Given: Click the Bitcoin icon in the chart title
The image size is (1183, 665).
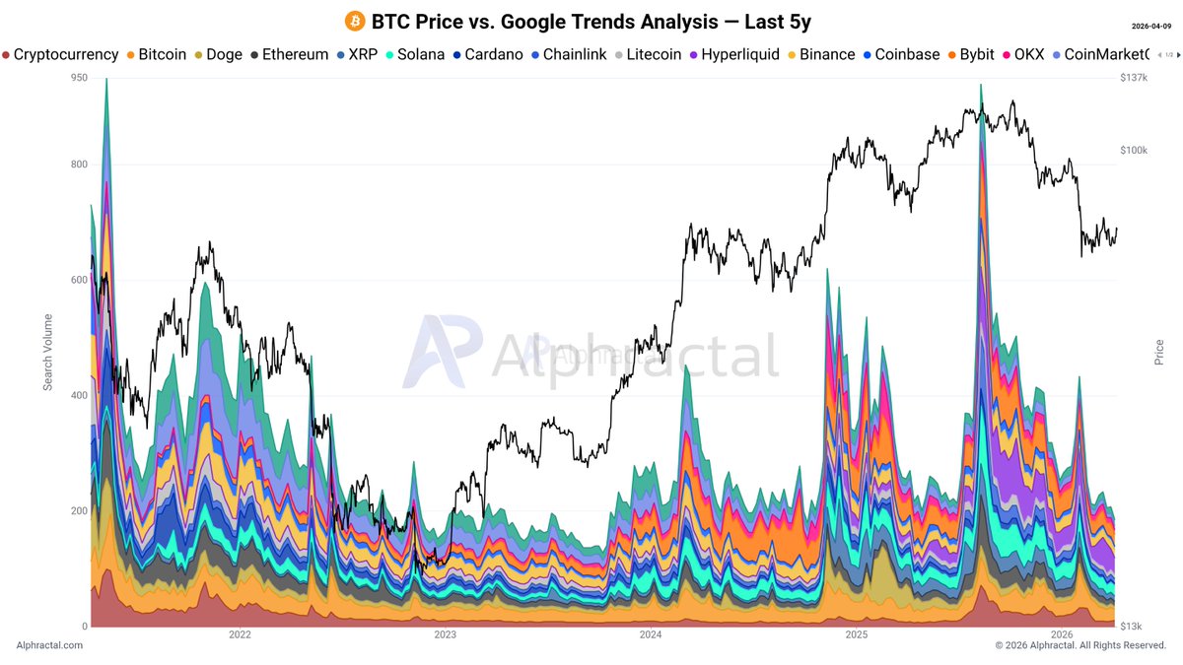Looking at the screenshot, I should (354, 22).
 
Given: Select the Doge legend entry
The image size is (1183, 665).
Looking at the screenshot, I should (217, 55).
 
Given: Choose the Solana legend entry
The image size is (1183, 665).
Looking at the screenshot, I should (413, 55).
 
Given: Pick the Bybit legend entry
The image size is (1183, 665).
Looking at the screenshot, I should (970, 55).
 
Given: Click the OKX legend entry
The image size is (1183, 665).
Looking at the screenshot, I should (1022, 55).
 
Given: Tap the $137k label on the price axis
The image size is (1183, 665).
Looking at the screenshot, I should (1136, 78).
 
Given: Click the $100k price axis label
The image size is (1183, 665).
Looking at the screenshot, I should (1136, 151).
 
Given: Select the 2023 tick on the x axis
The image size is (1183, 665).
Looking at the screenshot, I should (445, 635).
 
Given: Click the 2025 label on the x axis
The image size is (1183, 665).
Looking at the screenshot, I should (856, 635).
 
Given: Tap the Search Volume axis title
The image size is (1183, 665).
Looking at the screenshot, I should (47, 353).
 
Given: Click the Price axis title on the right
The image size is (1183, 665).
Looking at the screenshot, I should (1159, 353).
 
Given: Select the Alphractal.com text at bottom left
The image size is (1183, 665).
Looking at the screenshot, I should (49, 645).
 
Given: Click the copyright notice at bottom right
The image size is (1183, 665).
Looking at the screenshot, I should (1080, 645).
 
